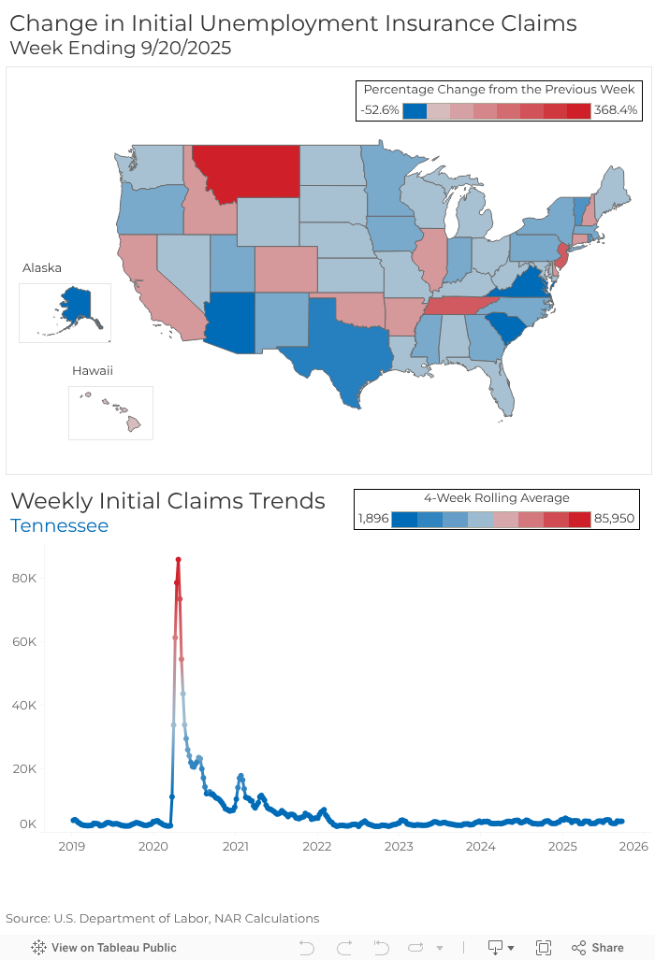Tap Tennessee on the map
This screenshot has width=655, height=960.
(468, 304)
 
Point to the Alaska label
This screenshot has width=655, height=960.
(42, 268)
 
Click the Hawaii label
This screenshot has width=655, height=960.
(93, 371)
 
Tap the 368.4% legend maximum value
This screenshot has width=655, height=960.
(616, 110)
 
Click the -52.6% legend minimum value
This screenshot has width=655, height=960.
(380, 110)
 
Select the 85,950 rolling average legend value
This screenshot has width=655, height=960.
(615, 519)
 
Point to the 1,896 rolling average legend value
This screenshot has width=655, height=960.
(373, 519)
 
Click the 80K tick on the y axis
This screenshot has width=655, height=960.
(23, 579)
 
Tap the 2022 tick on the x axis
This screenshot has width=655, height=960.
(317, 847)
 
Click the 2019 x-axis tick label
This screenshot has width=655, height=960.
(72, 847)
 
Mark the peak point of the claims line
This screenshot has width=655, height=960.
(178, 559)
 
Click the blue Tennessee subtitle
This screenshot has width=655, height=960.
(59, 525)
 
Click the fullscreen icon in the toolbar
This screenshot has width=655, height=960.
(544, 948)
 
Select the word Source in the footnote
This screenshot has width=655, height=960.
(26, 918)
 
